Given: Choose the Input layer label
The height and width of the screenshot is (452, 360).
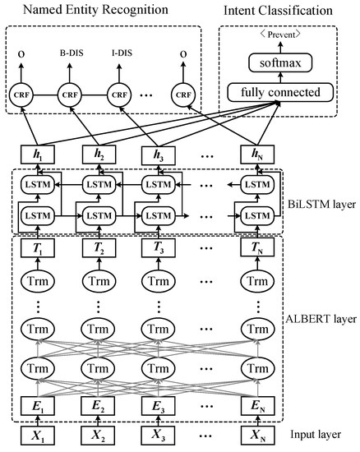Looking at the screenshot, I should tap(316, 434).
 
